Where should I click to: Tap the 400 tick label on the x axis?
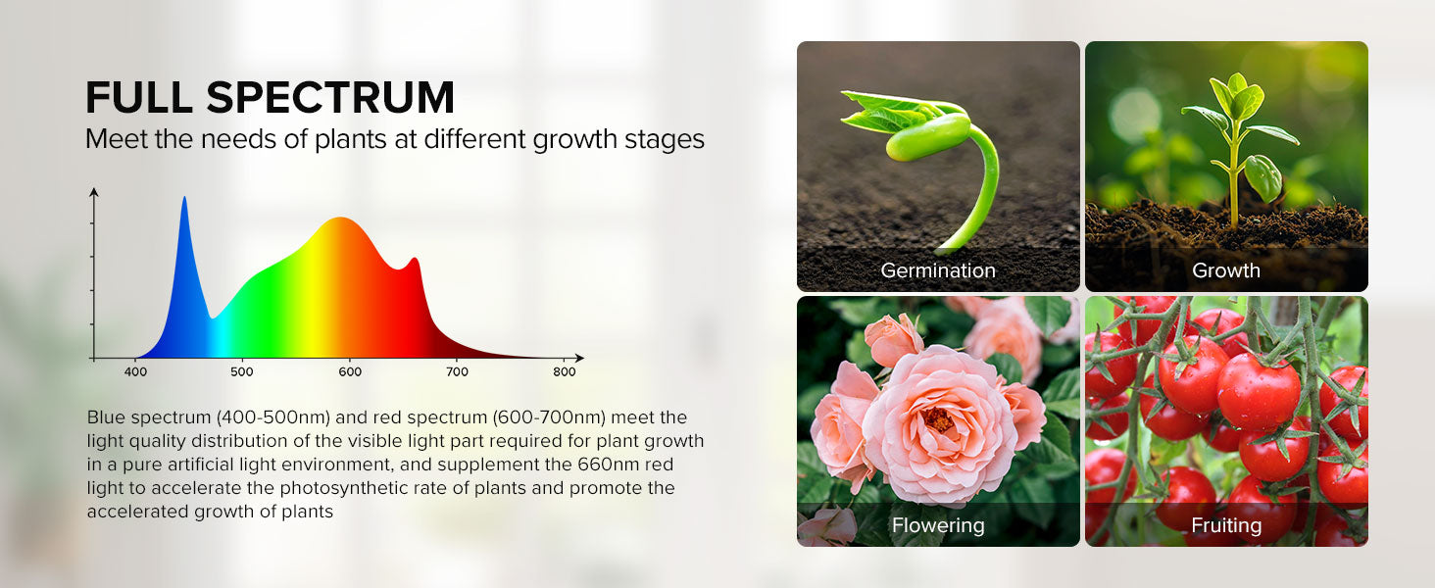[x=135, y=372]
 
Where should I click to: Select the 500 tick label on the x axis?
[x=242, y=372]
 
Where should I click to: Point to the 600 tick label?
[x=350, y=372]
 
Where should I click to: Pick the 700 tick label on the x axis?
[x=457, y=372]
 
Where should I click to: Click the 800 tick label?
[x=565, y=372]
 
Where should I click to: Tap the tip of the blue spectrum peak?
[x=184, y=197]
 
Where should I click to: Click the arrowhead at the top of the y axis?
[x=94, y=191]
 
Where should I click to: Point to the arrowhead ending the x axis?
[x=579, y=358]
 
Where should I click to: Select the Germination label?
[x=938, y=270]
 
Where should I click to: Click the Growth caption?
[x=1226, y=270]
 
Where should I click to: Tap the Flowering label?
[x=938, y=526]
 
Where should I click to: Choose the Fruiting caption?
[x=1226, y=526]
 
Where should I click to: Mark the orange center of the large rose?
[x=938, y=419]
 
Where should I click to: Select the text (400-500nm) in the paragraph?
[x=272, y=417]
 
